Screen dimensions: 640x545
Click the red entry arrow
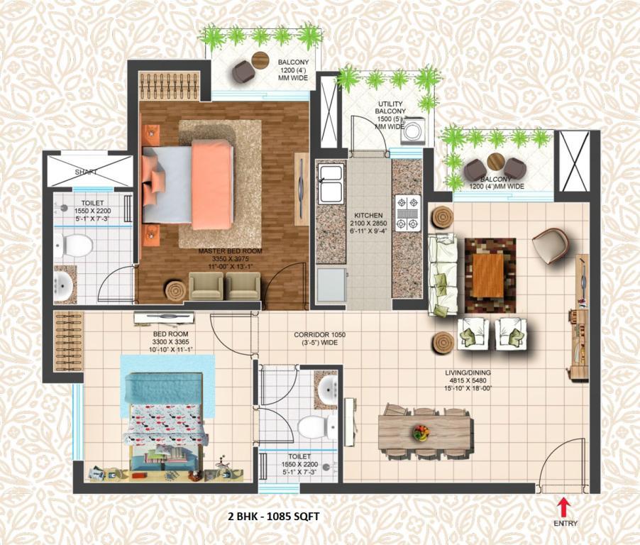565,507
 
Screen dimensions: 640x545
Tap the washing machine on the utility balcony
413,131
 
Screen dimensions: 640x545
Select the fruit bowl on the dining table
421,432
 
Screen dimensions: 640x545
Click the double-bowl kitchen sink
331,184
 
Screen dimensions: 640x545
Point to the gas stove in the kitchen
407,212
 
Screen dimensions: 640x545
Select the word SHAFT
86,172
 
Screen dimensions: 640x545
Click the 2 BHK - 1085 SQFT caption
273,517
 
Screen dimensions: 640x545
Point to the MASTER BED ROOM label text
230,251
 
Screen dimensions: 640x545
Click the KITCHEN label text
368,215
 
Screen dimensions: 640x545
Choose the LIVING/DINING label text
468,373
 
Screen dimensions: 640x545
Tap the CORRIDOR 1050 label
319,335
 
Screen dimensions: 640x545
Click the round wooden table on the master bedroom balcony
260,60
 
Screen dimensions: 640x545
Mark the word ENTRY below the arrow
565,524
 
